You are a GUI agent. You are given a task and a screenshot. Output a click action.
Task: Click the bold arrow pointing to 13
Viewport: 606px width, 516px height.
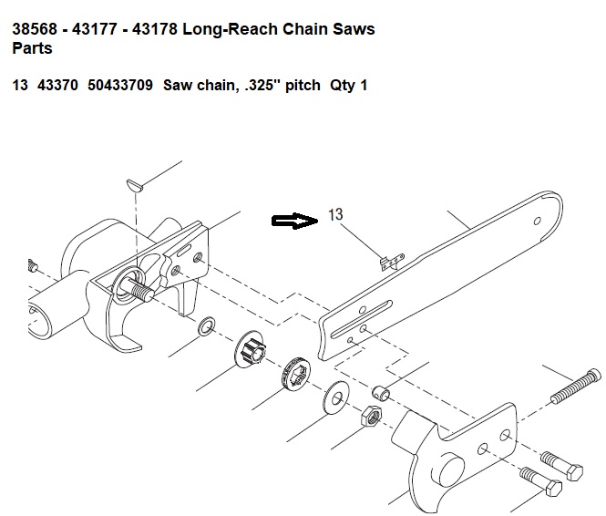tap(295, 221)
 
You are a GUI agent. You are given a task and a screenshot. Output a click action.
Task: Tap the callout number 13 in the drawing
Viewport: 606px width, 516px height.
tap(335, 214)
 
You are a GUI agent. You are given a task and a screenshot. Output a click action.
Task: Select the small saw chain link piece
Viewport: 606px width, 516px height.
tap(392, 262)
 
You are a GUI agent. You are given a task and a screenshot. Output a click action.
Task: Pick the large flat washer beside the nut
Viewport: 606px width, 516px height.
tap(336, 397)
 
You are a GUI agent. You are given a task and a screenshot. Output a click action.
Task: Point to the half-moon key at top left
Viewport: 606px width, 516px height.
tap(135, 185)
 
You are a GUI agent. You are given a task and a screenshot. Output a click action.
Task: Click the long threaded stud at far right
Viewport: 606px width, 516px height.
tap(576, 387)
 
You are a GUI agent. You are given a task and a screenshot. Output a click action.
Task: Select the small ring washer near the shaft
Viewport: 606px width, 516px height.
tap(207, 326)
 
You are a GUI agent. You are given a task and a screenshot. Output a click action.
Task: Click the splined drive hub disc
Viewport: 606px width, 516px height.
tap(250, 349)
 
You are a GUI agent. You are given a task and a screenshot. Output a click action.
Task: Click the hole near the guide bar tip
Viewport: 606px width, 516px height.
tap(538, 222)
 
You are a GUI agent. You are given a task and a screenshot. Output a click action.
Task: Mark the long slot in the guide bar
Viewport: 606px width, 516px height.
tap(362, 319)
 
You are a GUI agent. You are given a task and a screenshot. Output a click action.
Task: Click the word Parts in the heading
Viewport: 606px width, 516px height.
tap(32, 48)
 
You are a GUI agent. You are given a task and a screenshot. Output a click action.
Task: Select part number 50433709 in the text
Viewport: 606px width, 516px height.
tap(120, 85)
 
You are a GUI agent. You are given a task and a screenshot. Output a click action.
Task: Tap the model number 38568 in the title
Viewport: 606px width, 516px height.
tap(35, 29)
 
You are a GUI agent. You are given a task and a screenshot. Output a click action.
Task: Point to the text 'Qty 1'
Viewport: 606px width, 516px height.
tap(348, 85)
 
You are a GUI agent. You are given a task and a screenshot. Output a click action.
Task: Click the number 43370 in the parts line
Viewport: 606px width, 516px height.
tap(57, 85)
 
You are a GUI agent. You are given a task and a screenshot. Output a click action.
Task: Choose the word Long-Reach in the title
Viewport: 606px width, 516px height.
tap(230, 30)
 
